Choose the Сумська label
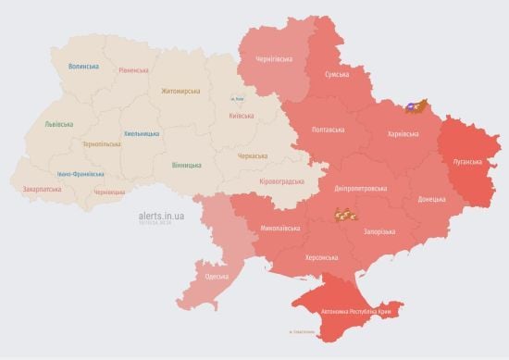pos(337,73)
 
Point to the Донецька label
pos(430,199)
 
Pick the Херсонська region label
pos(321,257)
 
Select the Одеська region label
pos(217,278)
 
